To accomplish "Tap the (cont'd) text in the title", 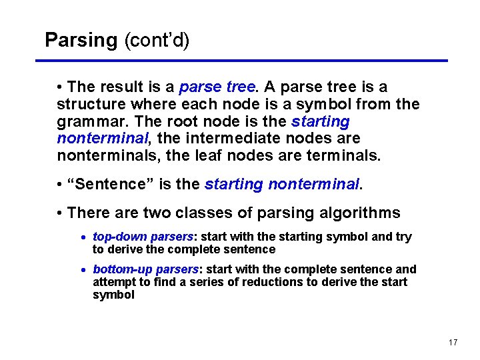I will coord(157,40).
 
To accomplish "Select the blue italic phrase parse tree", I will coord(217,87).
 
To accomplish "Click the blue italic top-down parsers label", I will coord(143,237).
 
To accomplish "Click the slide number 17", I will coord(453,343).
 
